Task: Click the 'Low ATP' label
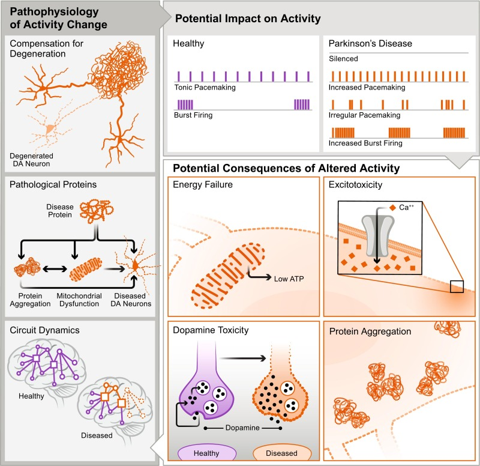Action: (289, 279)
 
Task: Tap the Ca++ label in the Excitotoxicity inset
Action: (406, 207)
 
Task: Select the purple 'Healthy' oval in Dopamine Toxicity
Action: (207, 453)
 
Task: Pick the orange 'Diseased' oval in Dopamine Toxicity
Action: (282, 453)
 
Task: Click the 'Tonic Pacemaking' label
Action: (205, 87)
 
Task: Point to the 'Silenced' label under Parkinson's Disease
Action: (343, 58)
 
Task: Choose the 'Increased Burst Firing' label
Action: (365, 143)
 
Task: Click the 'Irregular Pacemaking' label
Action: (364, 115)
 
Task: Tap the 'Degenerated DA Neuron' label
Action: (31, 160)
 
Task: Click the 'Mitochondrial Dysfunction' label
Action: (79, 300)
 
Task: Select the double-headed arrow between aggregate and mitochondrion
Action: (55, 269)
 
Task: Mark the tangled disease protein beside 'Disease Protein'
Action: (97, 211)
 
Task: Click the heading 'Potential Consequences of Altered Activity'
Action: (286, 168)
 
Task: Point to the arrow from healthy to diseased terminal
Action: (242, 358)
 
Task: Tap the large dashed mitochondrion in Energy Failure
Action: (228, 275)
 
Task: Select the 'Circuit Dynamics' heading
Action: (44, 330)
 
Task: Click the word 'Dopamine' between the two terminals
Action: (242, 428)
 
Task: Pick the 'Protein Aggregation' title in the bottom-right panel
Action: (370, 331)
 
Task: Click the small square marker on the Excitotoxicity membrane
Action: (457, 286)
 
